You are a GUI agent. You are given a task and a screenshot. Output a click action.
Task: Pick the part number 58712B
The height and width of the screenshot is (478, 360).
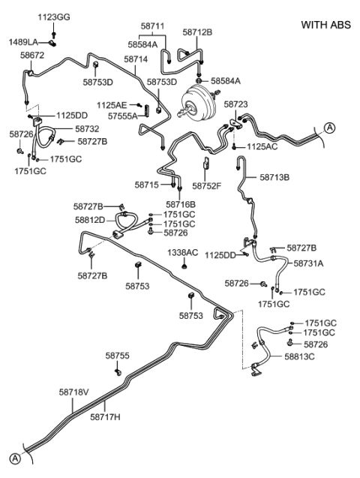197,32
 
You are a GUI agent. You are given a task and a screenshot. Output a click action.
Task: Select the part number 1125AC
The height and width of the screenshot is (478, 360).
262,146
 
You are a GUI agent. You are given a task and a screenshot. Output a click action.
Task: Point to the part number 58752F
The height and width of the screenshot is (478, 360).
206,185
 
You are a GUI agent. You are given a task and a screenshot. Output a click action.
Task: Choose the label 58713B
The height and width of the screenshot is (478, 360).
274,178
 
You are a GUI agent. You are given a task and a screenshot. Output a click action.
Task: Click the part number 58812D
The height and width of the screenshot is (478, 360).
90,220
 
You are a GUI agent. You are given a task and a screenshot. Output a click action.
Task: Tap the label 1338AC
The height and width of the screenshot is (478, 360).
182,252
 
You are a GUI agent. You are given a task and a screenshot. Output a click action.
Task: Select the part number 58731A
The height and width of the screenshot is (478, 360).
308,263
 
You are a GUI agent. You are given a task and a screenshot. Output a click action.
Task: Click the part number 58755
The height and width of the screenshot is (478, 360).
117,355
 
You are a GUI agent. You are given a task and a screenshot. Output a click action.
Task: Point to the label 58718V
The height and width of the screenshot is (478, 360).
73,392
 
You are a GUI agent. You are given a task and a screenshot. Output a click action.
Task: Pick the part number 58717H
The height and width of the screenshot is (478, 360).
106,416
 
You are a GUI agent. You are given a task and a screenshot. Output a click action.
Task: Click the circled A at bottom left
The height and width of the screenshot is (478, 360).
13,459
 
